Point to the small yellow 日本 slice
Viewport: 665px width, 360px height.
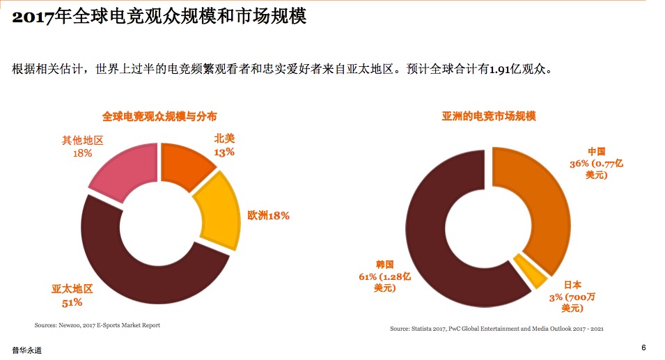click(x=530, y=271)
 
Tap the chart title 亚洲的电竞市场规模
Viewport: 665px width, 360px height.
click(x=489, y=116)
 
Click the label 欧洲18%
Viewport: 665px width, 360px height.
click(x=268, y=216)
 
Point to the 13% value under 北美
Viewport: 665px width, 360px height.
click(x=224, y=152)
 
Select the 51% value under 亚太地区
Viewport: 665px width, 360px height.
click(x=72, y=302)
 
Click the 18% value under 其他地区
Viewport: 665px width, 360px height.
click(x=82, y=152)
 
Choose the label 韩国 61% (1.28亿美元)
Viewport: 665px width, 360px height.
click(x=384, y=276)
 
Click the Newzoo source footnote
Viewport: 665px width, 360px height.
click(x=97, y=325)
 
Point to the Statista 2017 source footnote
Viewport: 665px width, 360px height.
click(x=496, y=328)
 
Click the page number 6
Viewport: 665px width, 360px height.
click(x=643, y=347)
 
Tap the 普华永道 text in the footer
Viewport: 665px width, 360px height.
click(x=26, y=350)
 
